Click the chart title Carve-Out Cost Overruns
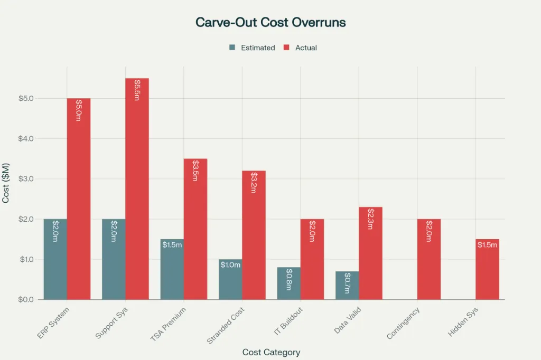click(x=270, y=22)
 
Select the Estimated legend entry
click(x=252, y=48)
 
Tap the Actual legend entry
click(x=301, y=48)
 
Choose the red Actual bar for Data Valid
click(x=370, y=253)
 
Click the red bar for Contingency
click(x=428, y=259)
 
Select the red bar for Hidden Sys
click(x=487, y=269)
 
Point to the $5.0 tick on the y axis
click(x=26, y=98)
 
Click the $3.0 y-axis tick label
click(x=26, y=179)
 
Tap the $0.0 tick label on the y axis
click(x=26, y=299)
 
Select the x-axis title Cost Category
click(x=271, y=352)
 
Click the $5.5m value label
click(x=137, y=90)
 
